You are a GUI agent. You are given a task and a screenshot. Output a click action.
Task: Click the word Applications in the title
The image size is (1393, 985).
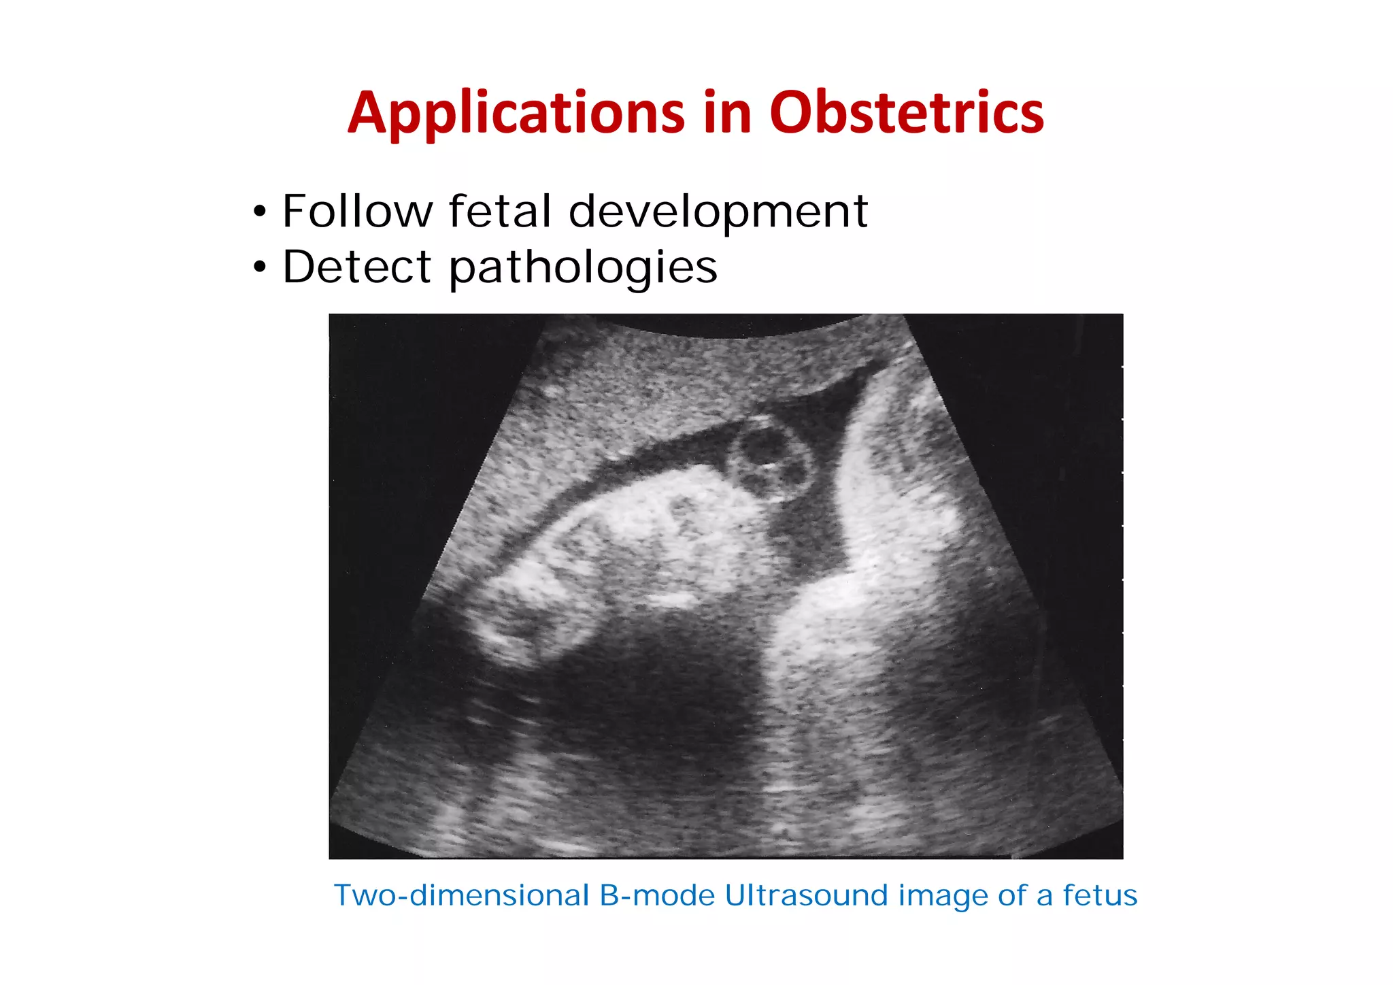[516, 113]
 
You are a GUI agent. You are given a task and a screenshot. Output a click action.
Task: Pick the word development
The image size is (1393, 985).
[718, 212]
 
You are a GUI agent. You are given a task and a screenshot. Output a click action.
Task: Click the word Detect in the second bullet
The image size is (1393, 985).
[357, 267]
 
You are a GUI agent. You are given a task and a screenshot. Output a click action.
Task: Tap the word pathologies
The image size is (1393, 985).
[583, 268]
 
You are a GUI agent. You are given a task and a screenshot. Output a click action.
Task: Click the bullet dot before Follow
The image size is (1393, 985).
[259, 212]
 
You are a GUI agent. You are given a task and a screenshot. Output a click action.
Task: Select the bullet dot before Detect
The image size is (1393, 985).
[259, 268]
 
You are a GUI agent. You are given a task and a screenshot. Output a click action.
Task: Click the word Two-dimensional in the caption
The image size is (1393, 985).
[462, 896]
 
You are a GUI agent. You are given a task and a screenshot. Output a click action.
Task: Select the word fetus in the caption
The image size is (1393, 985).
[1100, 896]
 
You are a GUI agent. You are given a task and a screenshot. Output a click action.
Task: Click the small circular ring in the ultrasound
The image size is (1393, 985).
[771, 461]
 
